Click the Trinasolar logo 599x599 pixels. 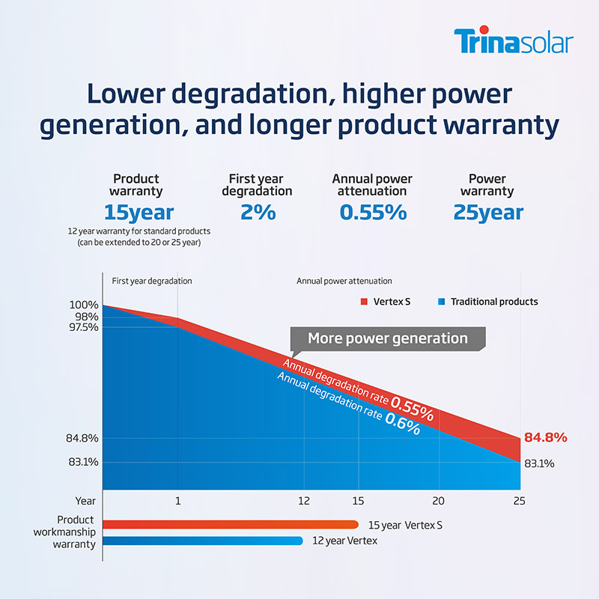tap(513, 41)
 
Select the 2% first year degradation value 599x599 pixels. tap(258, 212)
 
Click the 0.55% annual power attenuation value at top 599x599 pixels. tap(372, 212)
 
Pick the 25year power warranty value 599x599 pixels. tap(487, 212)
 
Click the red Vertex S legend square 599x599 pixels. tap(365, 302)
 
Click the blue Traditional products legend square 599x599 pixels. tap(443, 302)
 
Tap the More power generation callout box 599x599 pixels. tap(387, 338)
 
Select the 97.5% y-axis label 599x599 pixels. tap(82, 327)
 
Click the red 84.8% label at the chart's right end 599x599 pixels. tap(545, 437)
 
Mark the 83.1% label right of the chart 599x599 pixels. tap(538, 463)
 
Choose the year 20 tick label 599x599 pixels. tap(438, 500)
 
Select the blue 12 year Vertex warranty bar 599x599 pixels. tap(202, 541)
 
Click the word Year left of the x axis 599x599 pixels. tap(85, 500)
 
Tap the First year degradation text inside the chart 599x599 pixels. tap(152, 281)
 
